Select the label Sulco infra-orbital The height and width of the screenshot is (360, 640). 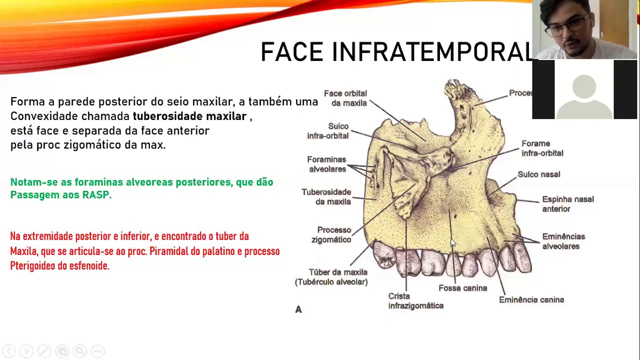(328, 131)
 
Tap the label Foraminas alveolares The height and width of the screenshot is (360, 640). (326, 164)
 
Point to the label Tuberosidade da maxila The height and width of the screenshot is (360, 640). (326, 197)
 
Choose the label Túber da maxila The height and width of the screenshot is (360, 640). (338, 272)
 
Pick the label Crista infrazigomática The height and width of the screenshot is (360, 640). (415, 301)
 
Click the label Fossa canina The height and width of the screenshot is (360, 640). (462, 288)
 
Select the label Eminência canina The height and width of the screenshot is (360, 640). (531, 299)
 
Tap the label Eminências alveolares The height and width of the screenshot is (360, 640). (563, 241)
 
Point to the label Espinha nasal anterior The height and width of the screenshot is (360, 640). (567, 204)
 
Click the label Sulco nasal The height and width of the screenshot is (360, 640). (538, 174)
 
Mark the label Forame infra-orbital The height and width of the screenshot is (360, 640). (542, 148)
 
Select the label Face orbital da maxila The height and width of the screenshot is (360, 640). (345, 98)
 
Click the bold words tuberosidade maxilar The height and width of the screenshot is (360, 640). (189, 116)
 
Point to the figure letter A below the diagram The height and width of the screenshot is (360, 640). (298, 309)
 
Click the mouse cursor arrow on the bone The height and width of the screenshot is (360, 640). (453, 243)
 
